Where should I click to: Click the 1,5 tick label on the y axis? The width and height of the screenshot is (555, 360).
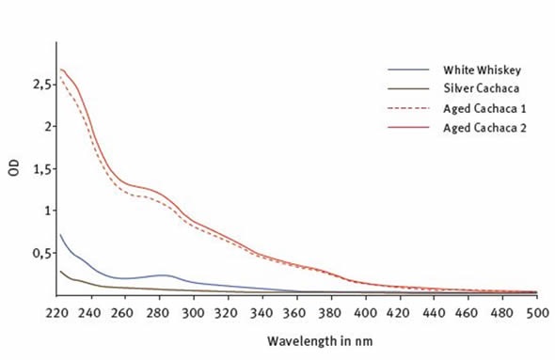click(37, 168)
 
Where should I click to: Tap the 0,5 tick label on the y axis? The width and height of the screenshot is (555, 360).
click(37, 253)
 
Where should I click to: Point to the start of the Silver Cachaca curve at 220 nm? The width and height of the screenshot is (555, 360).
click(60, 272)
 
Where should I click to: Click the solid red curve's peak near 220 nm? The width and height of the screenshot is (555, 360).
click(61, 70)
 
